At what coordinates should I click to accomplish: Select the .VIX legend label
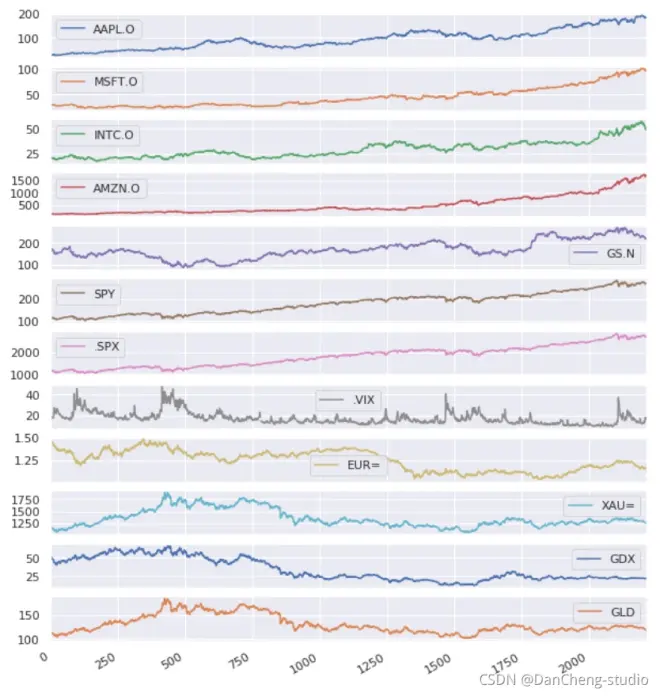363,400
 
